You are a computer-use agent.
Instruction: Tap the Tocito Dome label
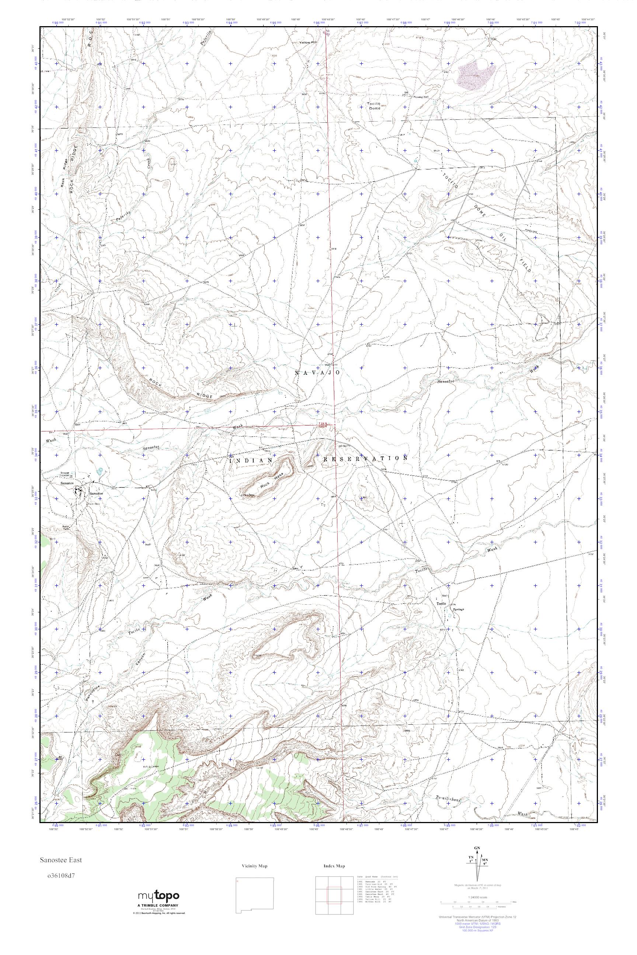point(374,106)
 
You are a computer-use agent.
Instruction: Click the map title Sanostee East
point(60,860)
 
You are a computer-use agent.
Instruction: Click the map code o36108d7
point(61,875)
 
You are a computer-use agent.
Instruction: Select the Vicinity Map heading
point(254,866)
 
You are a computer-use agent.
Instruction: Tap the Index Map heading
point(334,866)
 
